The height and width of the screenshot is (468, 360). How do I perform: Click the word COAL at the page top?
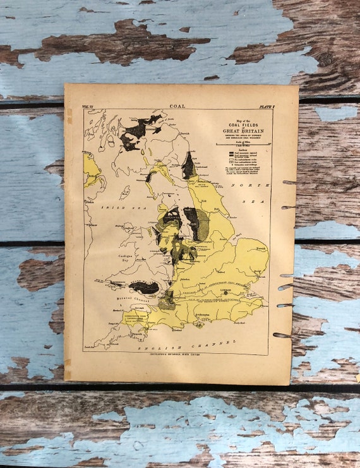click(177, 106)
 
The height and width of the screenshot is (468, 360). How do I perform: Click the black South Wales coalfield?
click(145, 288)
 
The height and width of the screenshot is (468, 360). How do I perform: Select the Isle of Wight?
click(200, 325)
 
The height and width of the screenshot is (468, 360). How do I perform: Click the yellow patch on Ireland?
click(91, 169)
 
